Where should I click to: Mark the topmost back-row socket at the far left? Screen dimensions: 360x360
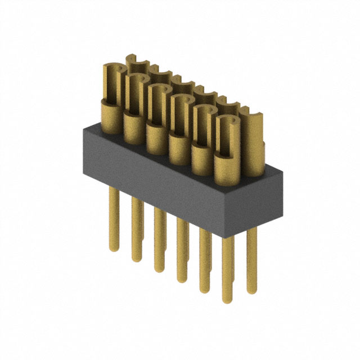coord(133,62)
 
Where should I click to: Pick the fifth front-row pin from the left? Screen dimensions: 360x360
coord(204,264)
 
